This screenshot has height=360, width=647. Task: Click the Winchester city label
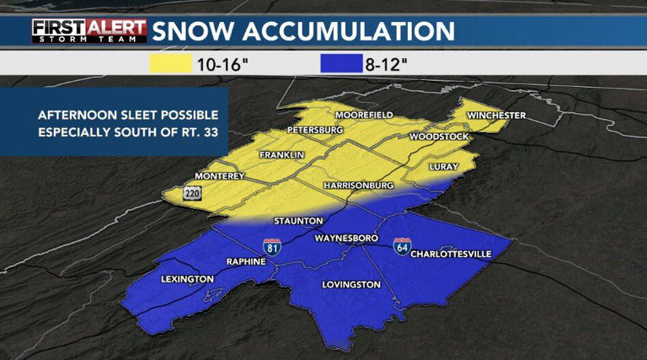[497, 116]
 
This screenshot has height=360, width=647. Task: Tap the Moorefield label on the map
[365, 115]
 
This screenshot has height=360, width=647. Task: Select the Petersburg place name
[315, 131]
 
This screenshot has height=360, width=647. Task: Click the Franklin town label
[281, 155]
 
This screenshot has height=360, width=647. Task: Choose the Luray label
[442, 167]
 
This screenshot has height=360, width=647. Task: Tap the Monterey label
[219, 176]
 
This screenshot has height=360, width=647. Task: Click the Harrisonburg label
[358, 185]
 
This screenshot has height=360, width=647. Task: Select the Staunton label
[298, 221]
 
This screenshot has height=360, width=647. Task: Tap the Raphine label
[246, 262]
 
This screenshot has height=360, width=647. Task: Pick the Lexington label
[186, 279]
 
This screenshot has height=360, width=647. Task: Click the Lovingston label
[352, 285]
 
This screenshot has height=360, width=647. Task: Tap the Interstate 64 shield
[402, 247]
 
